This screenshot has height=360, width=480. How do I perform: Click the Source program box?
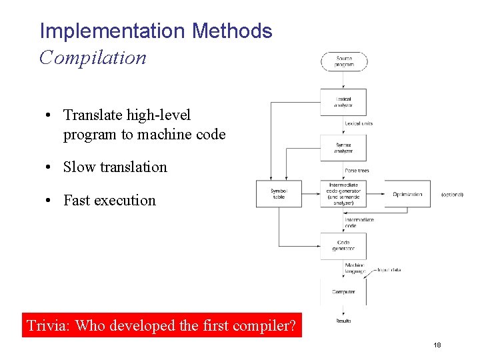click(344, 61)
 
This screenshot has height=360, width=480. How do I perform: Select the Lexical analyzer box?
click(344, 101)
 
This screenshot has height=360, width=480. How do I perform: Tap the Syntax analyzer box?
click(344, 148)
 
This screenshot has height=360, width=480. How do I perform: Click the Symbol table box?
click(279, 194)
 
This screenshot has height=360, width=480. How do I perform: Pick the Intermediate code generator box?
click(344, 194)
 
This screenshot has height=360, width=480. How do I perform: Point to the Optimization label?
click(407, 194)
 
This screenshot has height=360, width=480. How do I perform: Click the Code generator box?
click(344, 245)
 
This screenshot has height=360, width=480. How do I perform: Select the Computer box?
click(344, 291)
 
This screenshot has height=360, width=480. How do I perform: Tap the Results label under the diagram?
click(343, 321)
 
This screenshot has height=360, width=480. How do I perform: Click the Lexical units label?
click(359, 123)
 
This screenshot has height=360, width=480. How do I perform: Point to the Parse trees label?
click(357, 171)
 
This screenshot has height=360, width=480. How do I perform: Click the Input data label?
click(389, 270)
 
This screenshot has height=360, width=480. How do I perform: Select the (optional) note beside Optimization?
click(452, 195)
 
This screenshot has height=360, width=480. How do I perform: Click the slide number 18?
click(437, 345)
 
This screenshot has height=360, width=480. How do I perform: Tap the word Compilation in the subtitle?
click(93, 57)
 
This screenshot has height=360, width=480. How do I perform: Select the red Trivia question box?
click(162, 325)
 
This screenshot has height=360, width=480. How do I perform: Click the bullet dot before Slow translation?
click(50, 167)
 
